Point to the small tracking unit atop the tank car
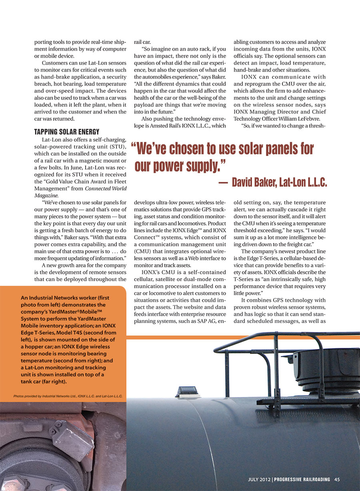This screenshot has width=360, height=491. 187,391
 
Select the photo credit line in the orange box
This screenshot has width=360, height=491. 68,396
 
